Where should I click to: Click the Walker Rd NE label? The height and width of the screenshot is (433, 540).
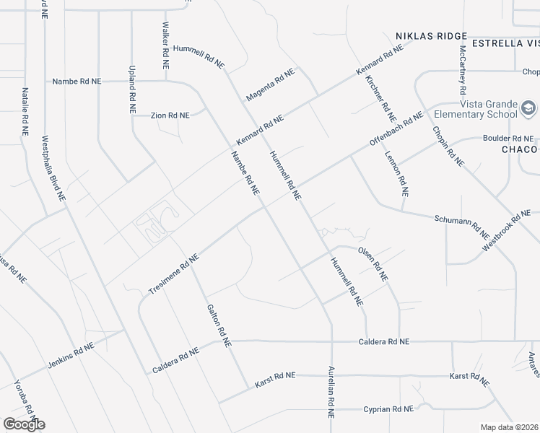[165, 45]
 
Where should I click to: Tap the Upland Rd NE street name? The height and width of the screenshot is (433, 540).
[132, 91]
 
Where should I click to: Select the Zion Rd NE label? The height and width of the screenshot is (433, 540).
[170, 115]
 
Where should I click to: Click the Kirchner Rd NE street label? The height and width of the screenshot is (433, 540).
[381, 98]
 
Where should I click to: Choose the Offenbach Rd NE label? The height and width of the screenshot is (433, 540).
[396, 131]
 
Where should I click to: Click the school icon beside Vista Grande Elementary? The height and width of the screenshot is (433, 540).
[529, 108]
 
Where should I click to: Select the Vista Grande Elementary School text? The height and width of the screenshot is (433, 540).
[476, 109]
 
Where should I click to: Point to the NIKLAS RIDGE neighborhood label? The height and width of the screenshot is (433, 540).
[431, 35]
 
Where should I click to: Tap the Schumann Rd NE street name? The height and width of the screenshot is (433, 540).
[462, 226]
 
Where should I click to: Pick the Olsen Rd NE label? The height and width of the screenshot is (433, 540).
[373, 264]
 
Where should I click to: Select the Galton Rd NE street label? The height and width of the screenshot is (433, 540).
[218, 325]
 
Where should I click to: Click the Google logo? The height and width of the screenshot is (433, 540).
[24, 424]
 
